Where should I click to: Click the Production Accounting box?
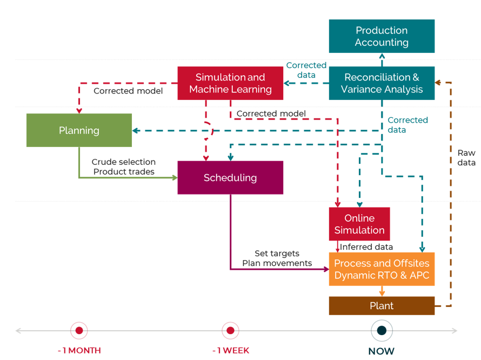point(382,36)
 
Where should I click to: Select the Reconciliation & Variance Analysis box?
point(382,83)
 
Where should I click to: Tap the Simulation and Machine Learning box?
point(230,83)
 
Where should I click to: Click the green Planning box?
point(79,130)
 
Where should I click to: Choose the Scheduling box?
point(230,178)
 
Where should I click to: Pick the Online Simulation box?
point(359,224)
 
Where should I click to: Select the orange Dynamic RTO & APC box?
point(382,269)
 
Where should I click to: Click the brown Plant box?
point(382,305)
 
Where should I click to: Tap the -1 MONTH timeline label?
point(79,350)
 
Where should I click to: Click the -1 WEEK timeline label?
point(231,350)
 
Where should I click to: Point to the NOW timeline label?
point(382,351)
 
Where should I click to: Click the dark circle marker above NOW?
point(382,330)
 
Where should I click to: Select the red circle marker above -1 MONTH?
point(79,330)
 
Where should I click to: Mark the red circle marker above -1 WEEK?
point(230,330)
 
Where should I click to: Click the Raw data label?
point(466,158)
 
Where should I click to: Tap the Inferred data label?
point(366,247)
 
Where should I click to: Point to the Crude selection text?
point(123,162)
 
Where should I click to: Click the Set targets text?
point(277,254)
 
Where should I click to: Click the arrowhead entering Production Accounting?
point(382,56)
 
